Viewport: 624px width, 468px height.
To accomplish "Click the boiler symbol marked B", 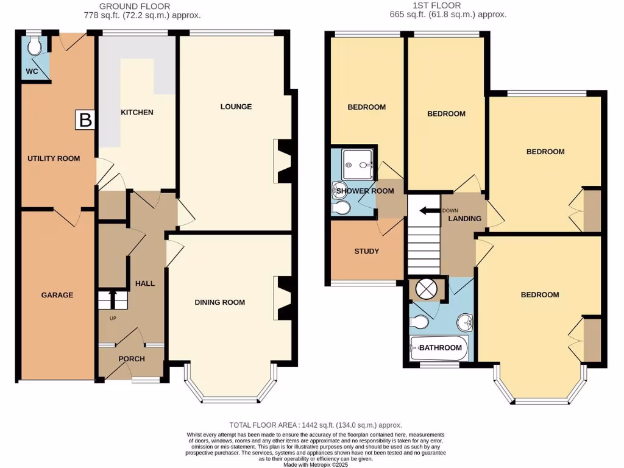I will [x=86, y=120].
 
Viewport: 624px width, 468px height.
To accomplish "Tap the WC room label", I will [x=32, y=71].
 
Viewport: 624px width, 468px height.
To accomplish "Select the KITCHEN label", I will [x=136, y=112].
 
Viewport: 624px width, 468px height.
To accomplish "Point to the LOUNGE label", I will [x=236, y=107].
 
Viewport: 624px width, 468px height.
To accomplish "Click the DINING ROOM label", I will [x=220, y=302].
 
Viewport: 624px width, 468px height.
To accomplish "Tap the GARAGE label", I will [x=57, y=295].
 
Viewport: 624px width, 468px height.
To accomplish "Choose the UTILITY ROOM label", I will [x=54, y=158].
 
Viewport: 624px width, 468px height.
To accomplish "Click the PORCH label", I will [x=132, y=359].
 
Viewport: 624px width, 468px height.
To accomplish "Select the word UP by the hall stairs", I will [x=113, y=319].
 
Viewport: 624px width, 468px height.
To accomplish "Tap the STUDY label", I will [x=366, y=251].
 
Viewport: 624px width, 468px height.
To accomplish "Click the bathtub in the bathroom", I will [x=439, y=348].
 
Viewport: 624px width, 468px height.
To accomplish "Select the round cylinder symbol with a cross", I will [x=426, y=289].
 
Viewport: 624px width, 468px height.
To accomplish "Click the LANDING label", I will [x=464, y=219].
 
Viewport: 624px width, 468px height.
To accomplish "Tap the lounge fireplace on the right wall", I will [x=284, y=161].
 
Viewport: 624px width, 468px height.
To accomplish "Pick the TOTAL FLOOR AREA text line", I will [x=316, y=425].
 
